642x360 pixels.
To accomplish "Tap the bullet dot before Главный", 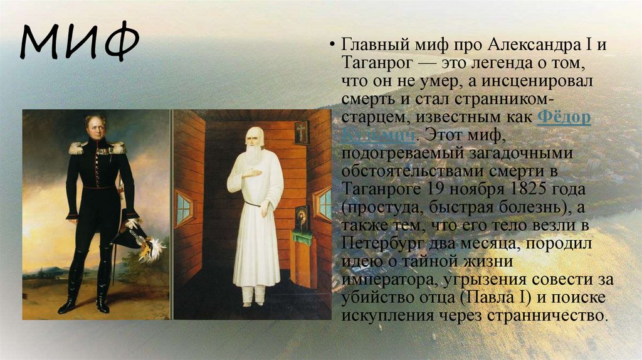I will click(x=332, y=48).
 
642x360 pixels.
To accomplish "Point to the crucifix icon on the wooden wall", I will click(x=302, y=132).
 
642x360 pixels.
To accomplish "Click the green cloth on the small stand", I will click(x=303, y=238).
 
